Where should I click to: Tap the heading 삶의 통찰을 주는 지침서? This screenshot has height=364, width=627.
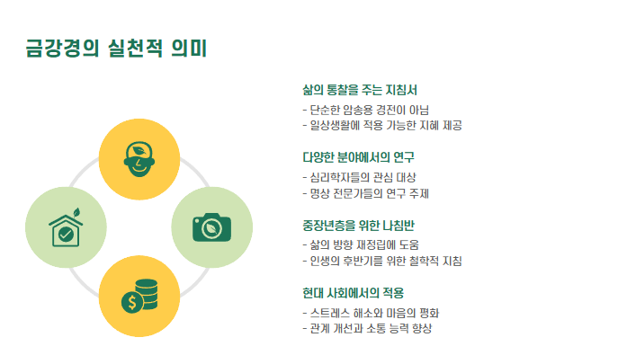(360, 90)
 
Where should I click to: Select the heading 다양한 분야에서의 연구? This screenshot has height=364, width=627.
(358, 157)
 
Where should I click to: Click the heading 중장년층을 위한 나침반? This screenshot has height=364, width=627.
(358, 225)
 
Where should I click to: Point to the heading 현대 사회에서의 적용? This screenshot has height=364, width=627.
(354, 293)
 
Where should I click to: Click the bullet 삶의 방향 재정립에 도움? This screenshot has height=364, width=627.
(361, 244)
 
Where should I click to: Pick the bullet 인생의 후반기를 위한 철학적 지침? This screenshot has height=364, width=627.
(382, 261)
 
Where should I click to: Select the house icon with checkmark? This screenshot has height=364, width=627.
(66, 229)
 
